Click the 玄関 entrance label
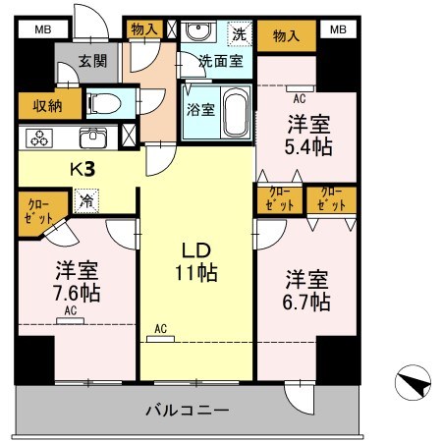click(92, 61)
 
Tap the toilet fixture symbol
click(104, 102)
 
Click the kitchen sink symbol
click(94, 136)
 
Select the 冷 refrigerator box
click(87, 199)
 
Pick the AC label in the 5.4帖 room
click(298, 97)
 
